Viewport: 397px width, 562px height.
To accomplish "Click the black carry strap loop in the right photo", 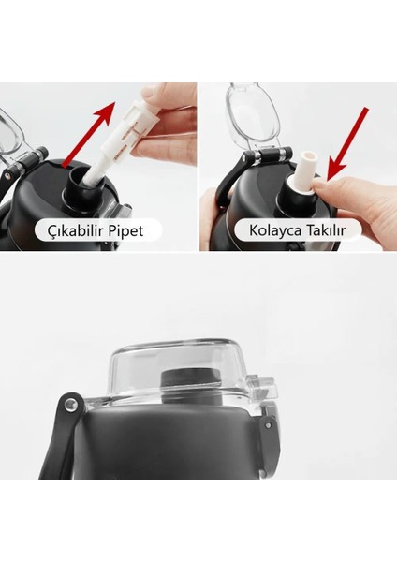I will point(221,197).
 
